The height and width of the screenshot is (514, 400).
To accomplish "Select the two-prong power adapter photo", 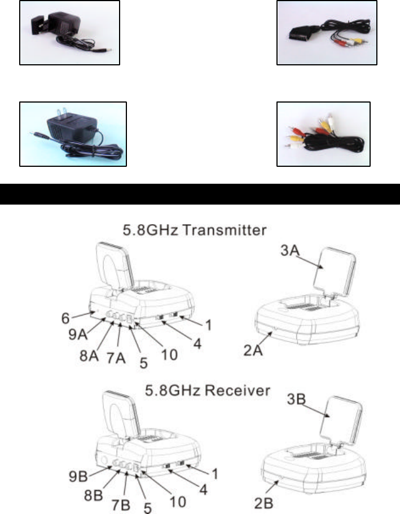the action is click(73, 134).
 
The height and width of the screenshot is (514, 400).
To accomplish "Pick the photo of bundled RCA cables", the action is click(323, 134).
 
